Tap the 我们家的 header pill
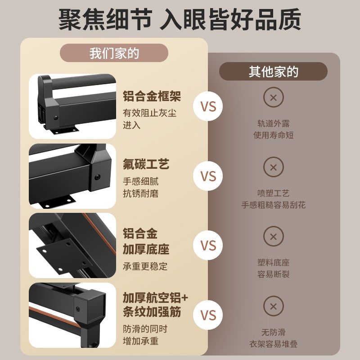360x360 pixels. [x=114, y=53]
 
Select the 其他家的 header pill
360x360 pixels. [x=273, y=71]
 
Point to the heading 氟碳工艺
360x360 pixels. [x=146, y=164]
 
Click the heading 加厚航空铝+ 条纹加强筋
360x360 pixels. [x=155, y=305]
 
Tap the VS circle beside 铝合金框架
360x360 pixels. [x=208, y=107]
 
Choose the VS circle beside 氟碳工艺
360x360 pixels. [x=208, y=176]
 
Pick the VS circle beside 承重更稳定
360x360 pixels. [x=208, y=246]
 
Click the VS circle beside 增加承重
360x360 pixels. [x=208, y=315]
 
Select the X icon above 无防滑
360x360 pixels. [x=273, y=306]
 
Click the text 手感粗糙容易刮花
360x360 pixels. [x=273, y=205]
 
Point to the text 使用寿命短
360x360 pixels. [x=273, y=135]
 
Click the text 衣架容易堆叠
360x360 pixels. [x=273, y=344]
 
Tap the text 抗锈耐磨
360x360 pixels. [x=140, y=194]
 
